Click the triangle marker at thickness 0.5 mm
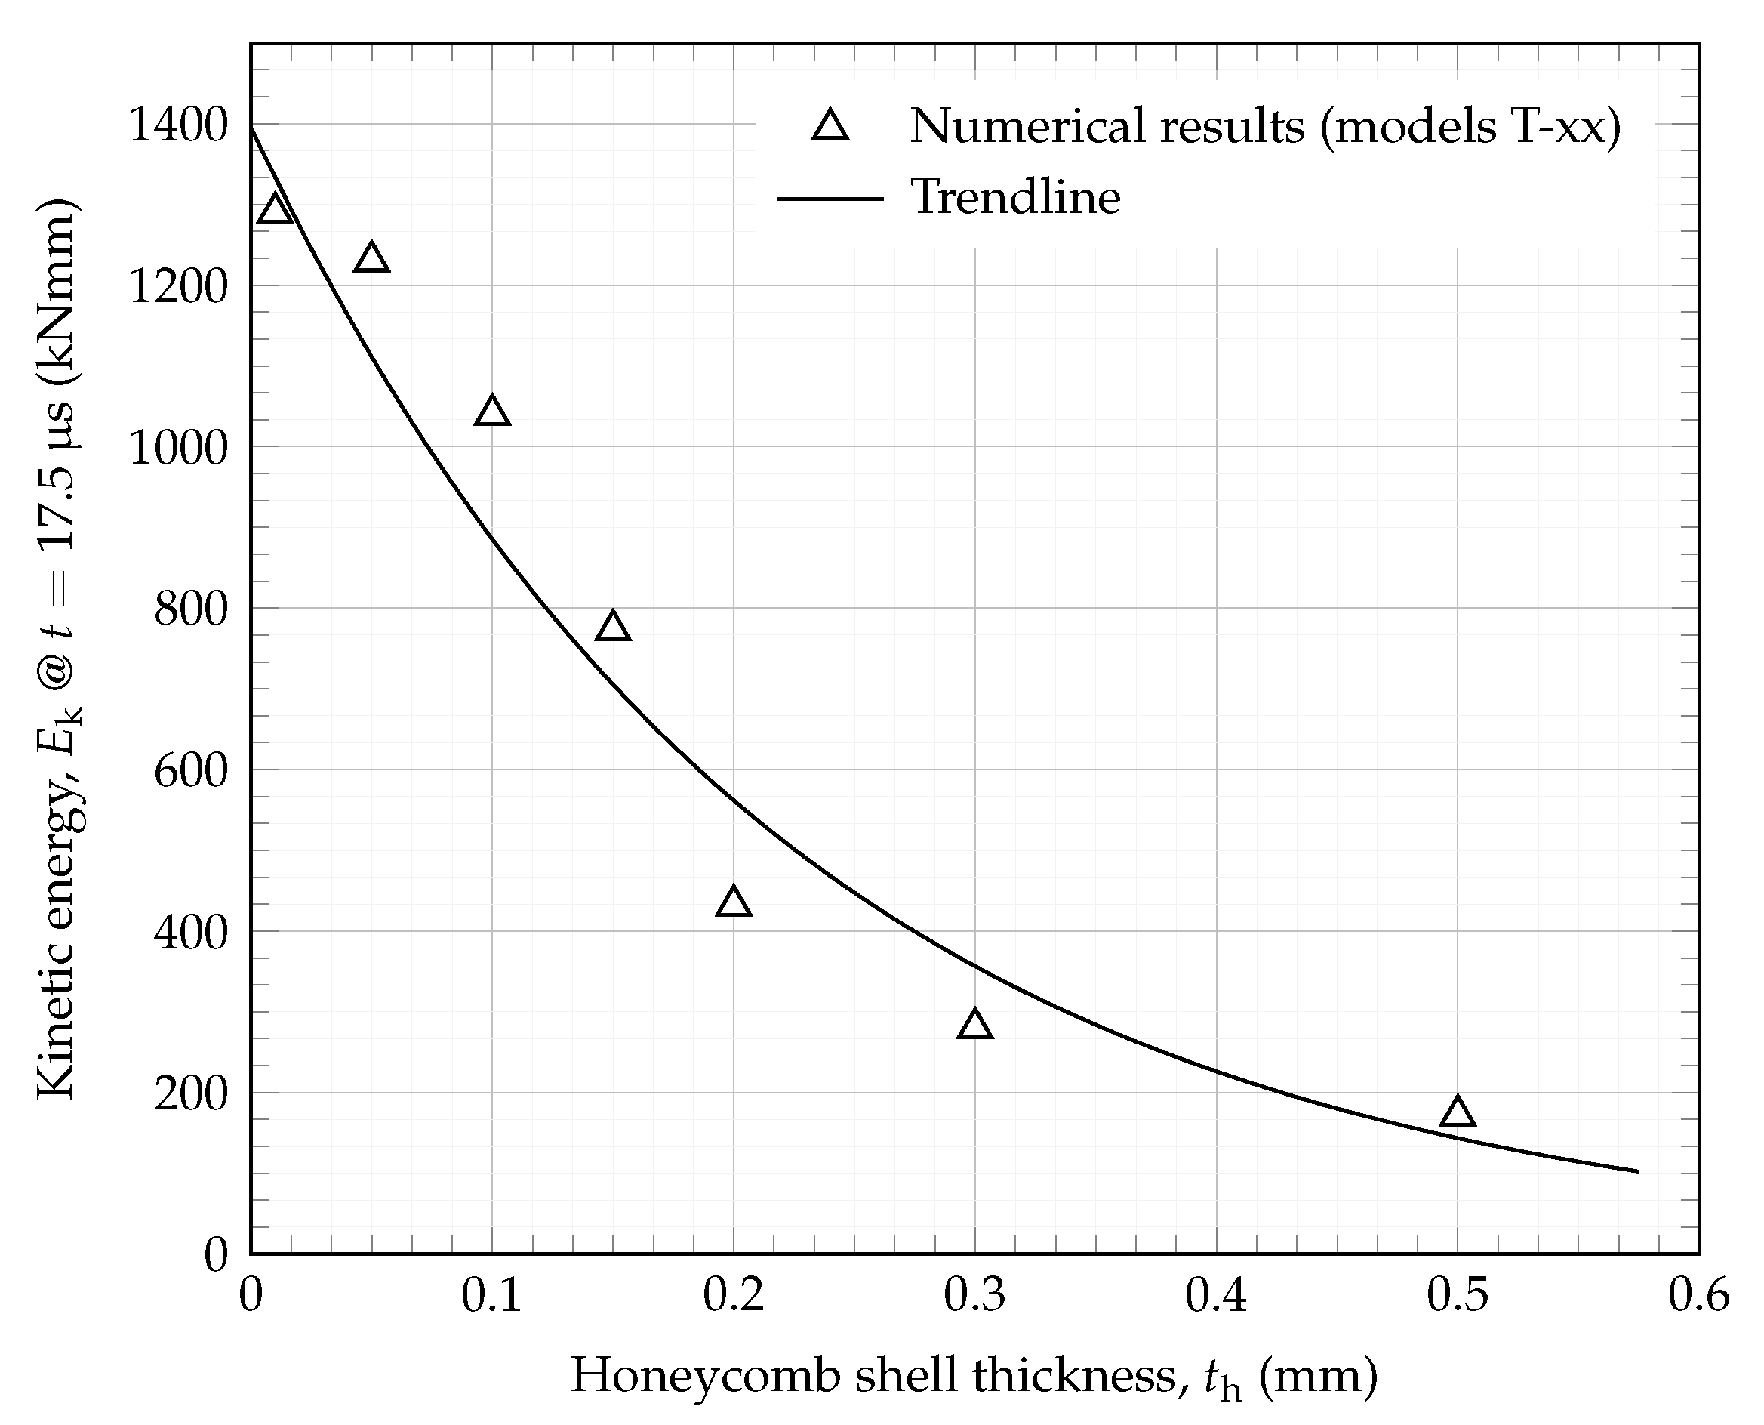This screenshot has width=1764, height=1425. pos(1457,1112)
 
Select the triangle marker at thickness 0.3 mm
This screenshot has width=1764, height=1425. pos(974,1026)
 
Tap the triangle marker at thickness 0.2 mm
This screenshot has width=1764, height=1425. pos(734,902)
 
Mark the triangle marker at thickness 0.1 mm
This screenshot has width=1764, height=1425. pos(492,412)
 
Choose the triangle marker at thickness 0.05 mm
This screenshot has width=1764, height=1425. pos(371,258)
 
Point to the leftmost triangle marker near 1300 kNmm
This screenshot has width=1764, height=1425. pos(275,210)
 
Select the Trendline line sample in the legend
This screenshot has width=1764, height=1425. pos(830,199)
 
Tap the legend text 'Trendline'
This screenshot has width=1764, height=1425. pos(1015,198)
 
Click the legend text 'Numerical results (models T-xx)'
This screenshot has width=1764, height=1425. pos(1264,127)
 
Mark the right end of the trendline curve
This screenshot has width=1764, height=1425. pos(1638,1171)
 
